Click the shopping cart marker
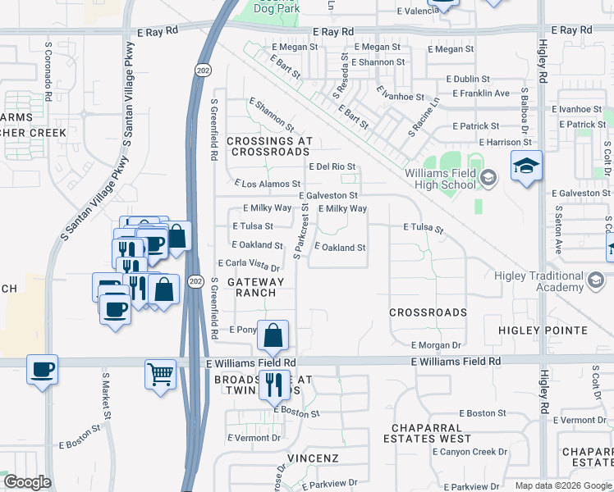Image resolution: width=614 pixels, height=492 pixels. click(161, 374)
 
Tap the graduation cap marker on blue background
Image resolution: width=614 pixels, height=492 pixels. click(526, 167)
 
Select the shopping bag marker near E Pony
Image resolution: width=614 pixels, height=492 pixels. click(273, 335)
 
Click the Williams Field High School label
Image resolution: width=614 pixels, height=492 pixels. click(440, 179)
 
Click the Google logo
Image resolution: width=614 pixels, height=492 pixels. click(27, 483)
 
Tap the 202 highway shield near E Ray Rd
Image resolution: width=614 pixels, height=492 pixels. click(203, 71)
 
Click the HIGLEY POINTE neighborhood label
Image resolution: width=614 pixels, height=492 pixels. click(543, 330)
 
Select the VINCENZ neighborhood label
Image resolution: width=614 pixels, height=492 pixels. click(313, 457)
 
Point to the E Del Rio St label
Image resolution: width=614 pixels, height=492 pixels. click(332, 166)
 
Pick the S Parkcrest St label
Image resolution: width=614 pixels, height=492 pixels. click(303, 230)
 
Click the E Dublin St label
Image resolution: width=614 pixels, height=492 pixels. click(468, 80)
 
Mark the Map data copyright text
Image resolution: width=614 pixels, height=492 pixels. click(562, 485)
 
